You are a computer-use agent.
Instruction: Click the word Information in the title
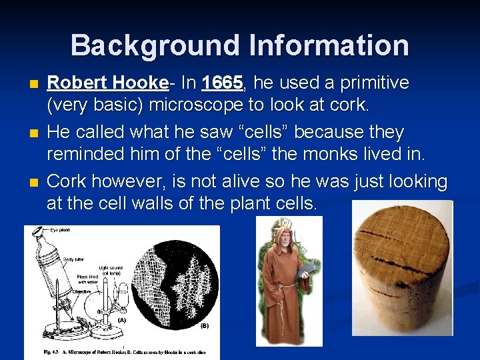[x=326, y=45]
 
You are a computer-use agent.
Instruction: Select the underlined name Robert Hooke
[x=107, y=83]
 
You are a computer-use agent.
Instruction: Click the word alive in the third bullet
[x=243, y=181]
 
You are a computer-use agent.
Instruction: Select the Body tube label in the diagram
[x=73, y=259]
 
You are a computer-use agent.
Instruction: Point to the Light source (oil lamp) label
[x=111, y=270]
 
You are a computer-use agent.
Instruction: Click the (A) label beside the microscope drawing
[x=121, y=319]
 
